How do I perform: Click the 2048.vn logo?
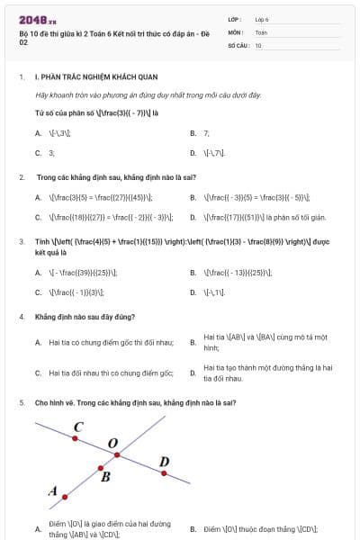(x=38, y=19)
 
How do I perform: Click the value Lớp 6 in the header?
(x=262, y=19)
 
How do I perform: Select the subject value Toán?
(x=261, y=31)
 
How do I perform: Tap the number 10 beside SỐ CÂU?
(x=258, y=44)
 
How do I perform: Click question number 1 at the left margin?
(x=21, y=77)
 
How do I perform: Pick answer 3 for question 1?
(x=52, y=153)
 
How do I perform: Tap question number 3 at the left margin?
(x=21, y=240)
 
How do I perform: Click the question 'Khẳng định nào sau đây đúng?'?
(x=85, y=317)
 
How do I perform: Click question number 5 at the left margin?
(x=21, y=402)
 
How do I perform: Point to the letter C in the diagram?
(x=78, y=427)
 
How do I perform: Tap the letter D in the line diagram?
(x=163, y=462)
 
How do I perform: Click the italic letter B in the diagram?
(x=105, y=478)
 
